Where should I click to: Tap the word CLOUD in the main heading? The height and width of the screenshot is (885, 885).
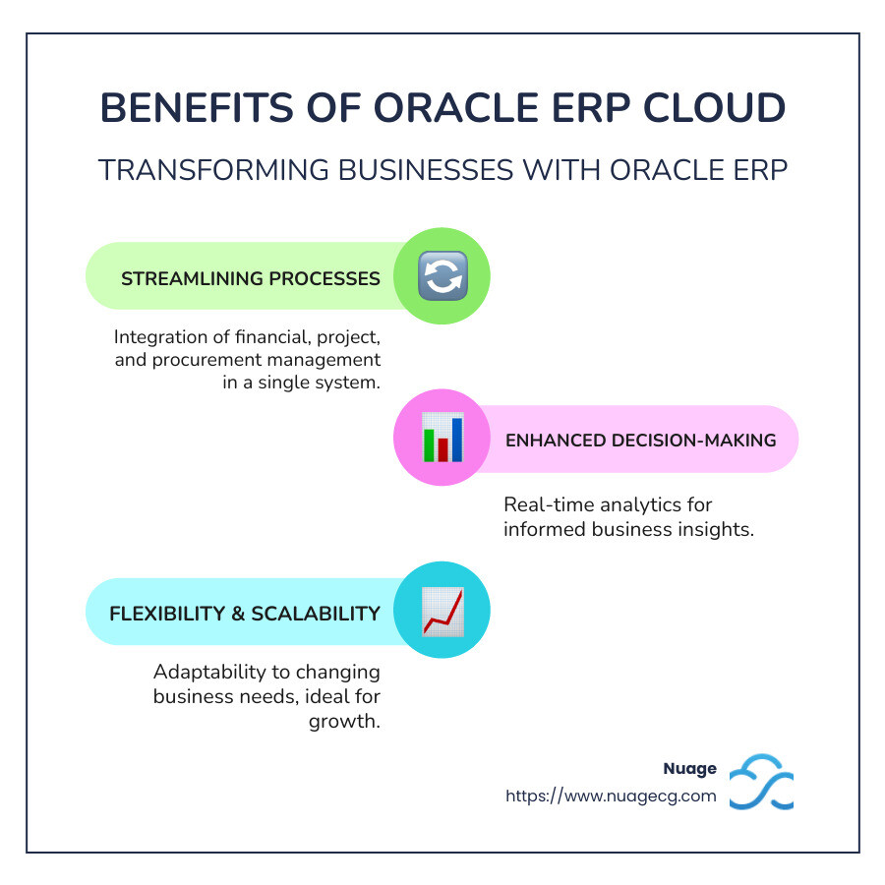pos(714,107)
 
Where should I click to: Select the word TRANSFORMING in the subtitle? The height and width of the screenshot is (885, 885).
pos(212,170)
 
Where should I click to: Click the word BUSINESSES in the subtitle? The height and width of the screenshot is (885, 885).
pos(426,170)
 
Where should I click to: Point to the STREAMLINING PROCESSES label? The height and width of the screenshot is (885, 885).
pos(251,278)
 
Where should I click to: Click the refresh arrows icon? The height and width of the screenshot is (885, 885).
pos(442,276)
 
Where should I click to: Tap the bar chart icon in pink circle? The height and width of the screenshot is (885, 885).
pos(442,438)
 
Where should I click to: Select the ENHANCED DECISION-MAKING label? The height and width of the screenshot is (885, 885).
pos(640,441)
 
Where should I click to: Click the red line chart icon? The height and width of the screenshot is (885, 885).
pos(442,612)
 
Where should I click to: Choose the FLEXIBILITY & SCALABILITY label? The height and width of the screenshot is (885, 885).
pos(245,614)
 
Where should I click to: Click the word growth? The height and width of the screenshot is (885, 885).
pos(344,722)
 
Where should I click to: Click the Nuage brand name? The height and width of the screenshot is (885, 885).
pos(689,768)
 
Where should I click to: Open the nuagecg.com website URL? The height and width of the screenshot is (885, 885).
pos(611,796)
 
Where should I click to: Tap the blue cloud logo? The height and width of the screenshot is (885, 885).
pos(761,782)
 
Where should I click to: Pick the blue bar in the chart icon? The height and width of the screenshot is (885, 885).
pos(457,440)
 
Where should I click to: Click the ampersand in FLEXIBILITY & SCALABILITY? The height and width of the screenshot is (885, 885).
pos(238,614)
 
